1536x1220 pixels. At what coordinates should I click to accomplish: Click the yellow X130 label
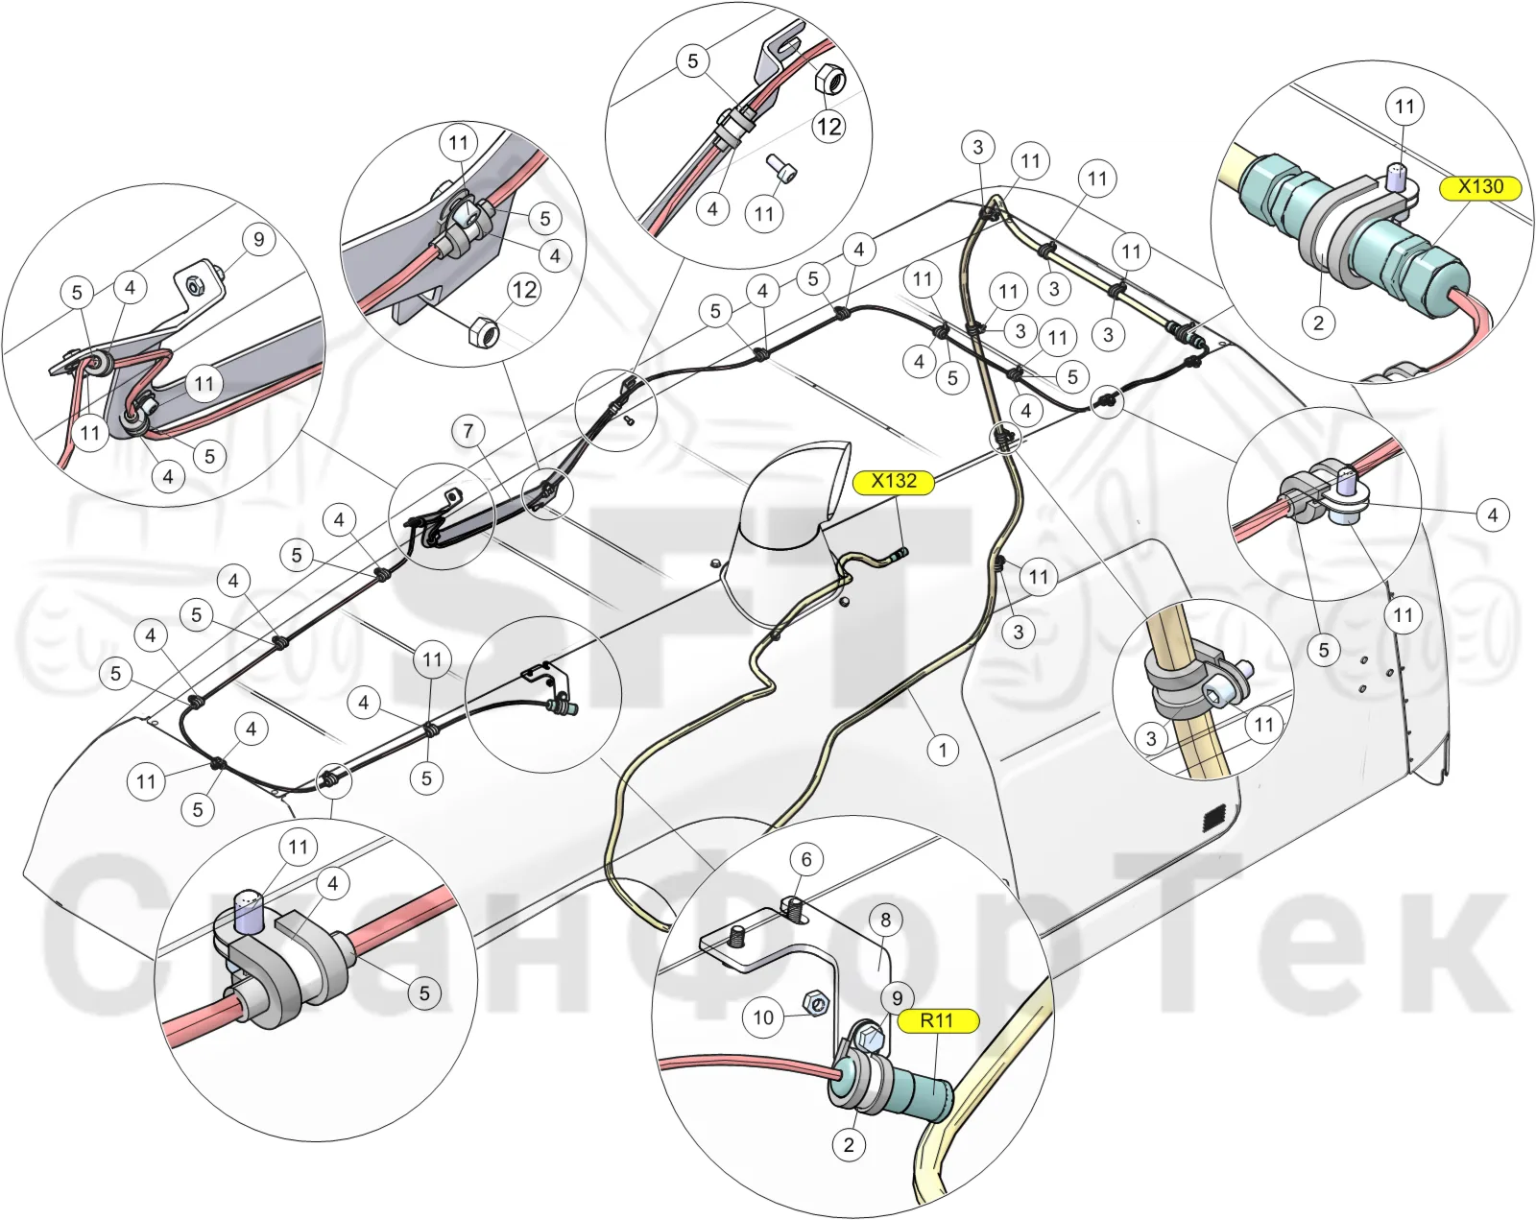pyautogui.click(x=1480, y=187)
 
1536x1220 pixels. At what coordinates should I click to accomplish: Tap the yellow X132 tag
pyautogui.click(x=894, y=481)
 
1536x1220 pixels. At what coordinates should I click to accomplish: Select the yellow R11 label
pyautogui.click(x=937, y=1021)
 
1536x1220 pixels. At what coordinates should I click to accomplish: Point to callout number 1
pyautogui.click(x=943, y=750)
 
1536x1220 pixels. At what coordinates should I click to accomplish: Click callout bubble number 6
pyautogui.click(x=806, y=859)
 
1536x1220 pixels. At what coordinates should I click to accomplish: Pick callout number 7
pyautogui.click(x=468, y=430)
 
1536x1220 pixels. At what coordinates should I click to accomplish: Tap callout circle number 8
pyautogui.click(x=886, y=920)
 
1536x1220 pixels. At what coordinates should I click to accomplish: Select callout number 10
pyautogui.click(x=763, y=1017)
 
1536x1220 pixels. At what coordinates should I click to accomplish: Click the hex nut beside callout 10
pyautogui.click(x=814, y=1003)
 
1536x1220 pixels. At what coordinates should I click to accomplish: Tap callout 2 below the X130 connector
pyautogui.click(x=1318, y=323)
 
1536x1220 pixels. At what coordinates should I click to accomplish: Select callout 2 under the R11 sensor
pyautogui.click(x=848, y=1144)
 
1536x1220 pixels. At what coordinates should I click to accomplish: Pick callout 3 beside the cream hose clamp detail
pyautogui.click(x=1151, y=738)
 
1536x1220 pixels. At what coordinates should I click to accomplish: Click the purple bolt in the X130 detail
pyautogui.click(x=1396, y=177)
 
